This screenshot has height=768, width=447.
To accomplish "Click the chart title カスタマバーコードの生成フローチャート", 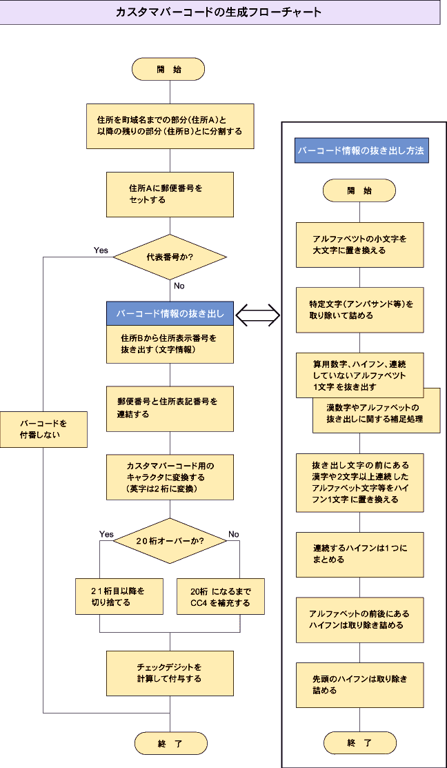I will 219,12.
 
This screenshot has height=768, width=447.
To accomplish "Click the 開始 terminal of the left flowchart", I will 169,69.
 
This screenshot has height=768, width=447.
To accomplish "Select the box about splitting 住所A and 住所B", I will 170,126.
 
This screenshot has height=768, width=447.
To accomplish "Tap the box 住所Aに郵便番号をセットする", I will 170,194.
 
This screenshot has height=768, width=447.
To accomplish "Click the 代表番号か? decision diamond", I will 170,257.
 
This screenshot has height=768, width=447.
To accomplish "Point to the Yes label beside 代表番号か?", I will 101,250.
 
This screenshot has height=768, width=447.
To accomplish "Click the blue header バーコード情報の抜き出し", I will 170,313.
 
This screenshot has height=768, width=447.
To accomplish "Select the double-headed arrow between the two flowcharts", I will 257,315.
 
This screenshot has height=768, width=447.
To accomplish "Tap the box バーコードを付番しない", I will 43,429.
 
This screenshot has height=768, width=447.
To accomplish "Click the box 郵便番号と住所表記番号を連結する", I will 170,409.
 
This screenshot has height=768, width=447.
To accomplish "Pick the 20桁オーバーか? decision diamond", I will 170,540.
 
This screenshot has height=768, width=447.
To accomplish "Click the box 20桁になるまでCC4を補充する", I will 221,596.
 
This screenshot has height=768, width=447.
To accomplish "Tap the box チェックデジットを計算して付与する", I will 170,673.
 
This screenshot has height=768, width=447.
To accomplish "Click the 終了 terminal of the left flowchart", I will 170,743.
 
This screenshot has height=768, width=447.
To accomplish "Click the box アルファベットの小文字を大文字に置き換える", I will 359,244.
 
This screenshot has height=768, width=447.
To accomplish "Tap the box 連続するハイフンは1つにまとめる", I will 359,554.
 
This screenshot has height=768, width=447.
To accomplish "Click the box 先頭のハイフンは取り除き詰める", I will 359,685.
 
